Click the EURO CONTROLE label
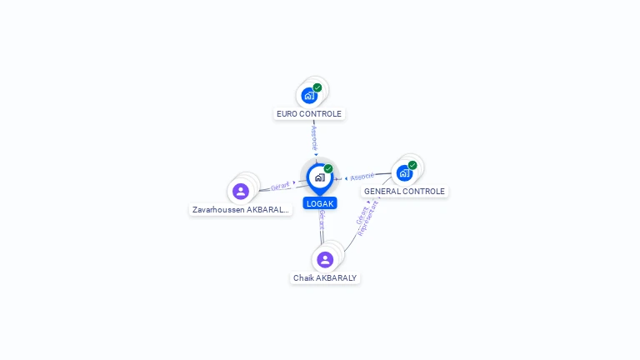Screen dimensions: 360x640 309,113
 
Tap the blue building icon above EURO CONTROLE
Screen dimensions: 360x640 309,95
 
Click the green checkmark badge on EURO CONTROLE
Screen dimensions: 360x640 317,87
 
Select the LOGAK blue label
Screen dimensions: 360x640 320,203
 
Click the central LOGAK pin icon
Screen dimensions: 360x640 319,177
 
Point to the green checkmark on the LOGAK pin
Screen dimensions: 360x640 328,169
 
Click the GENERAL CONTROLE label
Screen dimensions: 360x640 405,191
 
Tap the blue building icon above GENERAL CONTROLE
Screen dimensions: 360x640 404,173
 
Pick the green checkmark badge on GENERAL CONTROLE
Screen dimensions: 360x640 412,165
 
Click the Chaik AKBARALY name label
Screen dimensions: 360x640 325,277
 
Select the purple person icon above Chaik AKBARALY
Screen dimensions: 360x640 325,259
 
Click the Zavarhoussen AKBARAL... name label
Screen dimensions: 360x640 241,210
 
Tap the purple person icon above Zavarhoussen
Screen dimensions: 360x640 241,192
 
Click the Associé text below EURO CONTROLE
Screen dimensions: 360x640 314,137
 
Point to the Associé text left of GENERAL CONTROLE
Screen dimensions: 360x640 362,177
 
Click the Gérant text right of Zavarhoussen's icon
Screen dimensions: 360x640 280,186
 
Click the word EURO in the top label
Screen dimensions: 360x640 287,113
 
